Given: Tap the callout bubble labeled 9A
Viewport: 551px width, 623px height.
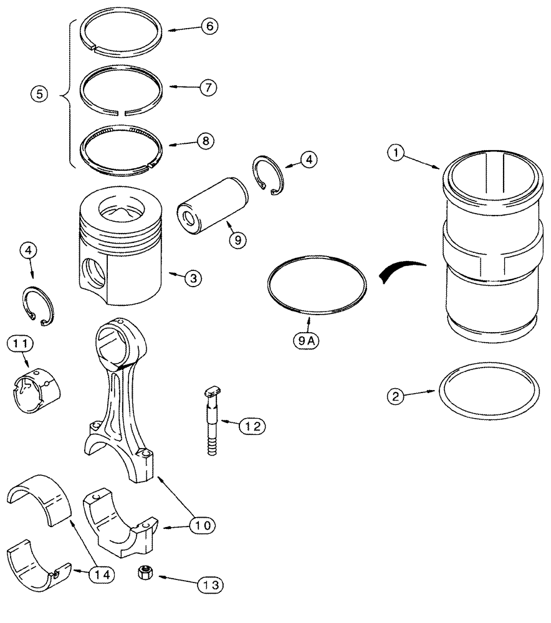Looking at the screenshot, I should tap(304, 341).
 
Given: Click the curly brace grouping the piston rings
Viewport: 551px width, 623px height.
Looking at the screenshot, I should tap(67, 95).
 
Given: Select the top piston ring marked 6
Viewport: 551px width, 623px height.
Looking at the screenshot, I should tap(123, 31).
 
